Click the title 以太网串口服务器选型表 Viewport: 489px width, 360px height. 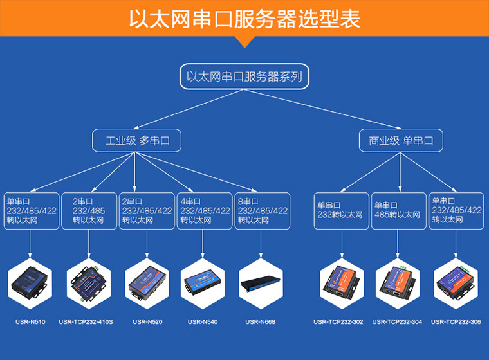[244, 19]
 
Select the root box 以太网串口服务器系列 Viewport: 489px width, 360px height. [244, 76]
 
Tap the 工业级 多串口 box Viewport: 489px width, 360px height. [134, 140]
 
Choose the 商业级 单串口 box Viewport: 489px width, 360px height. [400, 140]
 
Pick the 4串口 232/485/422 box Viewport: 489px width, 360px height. [204, 210]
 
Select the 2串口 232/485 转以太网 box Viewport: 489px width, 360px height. [89, 210]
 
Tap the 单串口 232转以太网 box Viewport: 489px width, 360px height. [342, 210]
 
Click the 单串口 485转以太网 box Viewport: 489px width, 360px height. [400, 210]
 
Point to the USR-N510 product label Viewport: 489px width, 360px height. [30, 321]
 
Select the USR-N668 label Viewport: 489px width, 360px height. [261, 321]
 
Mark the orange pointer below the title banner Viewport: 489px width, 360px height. [244, 42]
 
